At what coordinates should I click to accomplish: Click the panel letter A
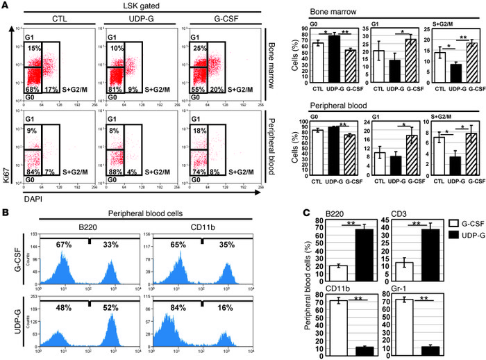tap(6, 6)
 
